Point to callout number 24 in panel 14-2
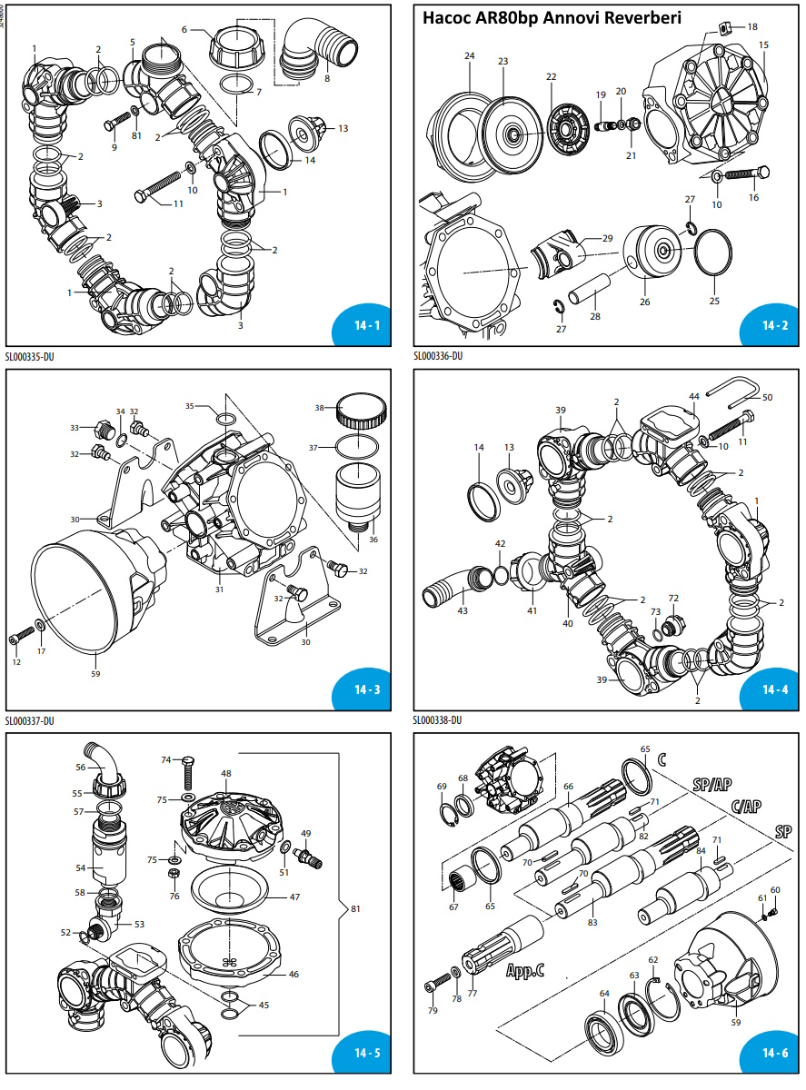click(469, 56)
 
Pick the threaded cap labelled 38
click(361, 411)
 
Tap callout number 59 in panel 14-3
click(96, 673)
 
